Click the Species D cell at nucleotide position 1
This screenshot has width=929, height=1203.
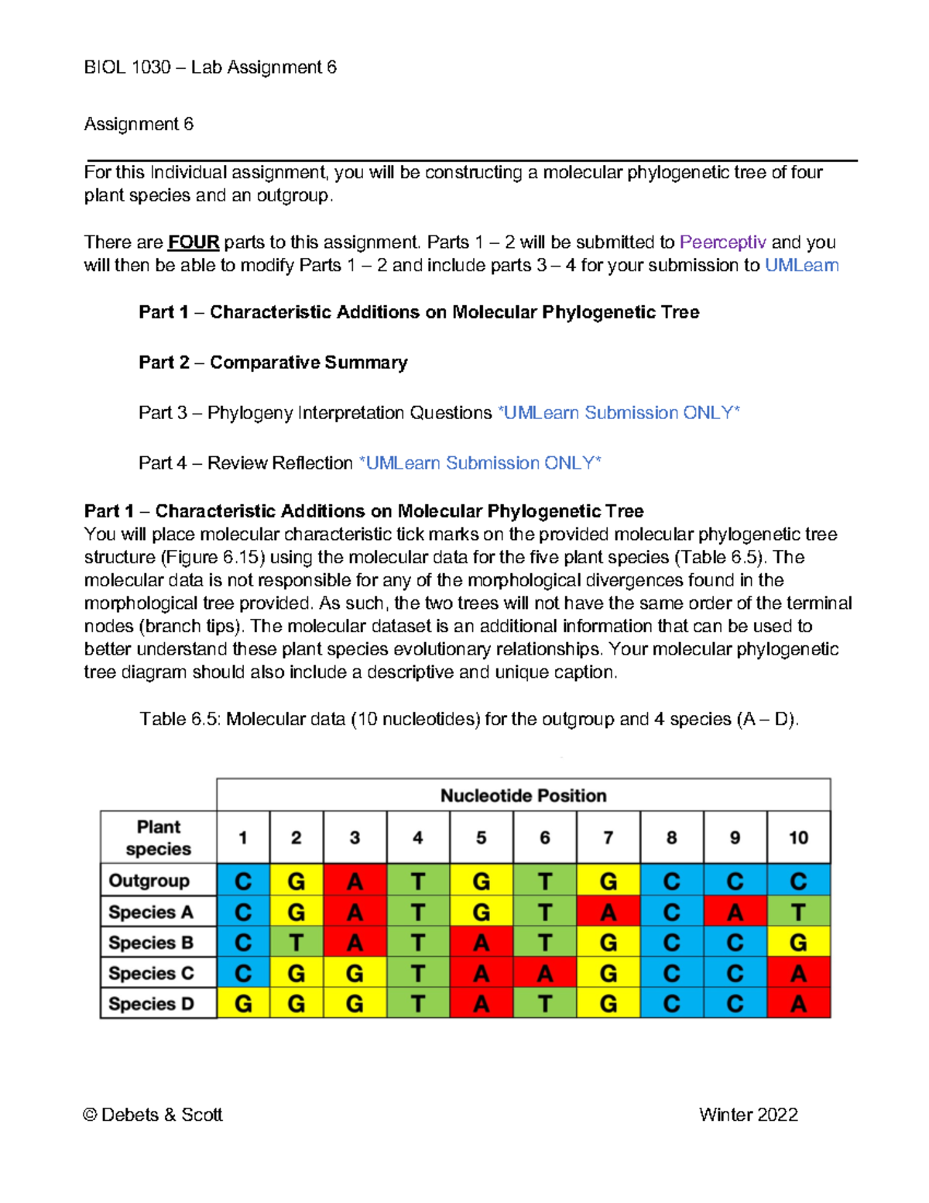(243, 1004)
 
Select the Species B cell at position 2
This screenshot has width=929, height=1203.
(296, 943)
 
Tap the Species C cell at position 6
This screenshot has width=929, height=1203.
(545, 974)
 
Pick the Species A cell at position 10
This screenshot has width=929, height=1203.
(798, 913)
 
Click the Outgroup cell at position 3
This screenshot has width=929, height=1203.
(355, 882)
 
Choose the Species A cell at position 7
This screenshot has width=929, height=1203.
(608, 913)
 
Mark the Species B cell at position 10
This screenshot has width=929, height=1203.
(798, 943)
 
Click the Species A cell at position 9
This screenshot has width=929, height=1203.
(735, 913)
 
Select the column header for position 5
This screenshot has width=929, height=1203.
(481, 837)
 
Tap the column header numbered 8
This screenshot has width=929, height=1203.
(671, 837)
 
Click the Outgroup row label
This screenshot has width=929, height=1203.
(149, 881)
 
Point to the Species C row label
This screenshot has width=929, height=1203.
(151, 974)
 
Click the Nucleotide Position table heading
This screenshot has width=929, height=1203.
(523, 796)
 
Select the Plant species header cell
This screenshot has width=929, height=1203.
(158, 837)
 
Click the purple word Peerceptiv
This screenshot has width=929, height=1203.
(722, 242)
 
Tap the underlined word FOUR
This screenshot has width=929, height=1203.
(194, 242)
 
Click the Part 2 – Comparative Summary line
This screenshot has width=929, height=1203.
(273, 363)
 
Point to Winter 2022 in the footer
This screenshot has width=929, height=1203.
(748, 1115)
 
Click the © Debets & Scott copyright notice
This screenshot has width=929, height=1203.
(153, 1115)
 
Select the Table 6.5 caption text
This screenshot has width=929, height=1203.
(469, 720)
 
